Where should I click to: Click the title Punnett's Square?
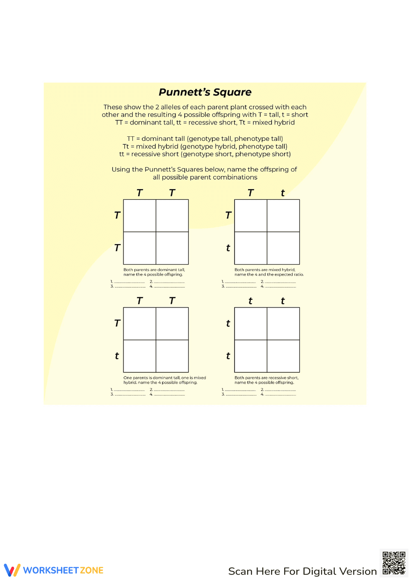tap(205, 92)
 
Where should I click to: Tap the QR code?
tap(394, 563)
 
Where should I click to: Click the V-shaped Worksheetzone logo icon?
tap(12, 570)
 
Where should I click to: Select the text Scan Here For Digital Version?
tap(302, 571)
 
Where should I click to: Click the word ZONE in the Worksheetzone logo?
tap(91, 570)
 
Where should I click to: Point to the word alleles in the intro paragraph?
tap(174, 107)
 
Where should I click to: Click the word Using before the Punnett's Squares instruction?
tap(121, 169)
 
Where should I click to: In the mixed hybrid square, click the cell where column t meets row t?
tap(283, 248)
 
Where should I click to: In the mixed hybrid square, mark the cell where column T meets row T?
tap(251, 216)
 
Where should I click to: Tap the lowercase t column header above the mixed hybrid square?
tap(283, 193)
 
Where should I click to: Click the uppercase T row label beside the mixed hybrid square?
tap(228, 215)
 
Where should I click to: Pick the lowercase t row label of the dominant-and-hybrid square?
tap(117, 356)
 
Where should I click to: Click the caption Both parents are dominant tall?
tap(154, 270)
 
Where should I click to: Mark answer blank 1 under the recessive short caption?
tap(240, 390)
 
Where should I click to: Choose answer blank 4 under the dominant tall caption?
tap(169, 287)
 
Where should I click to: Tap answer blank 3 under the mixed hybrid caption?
tap(240, 287)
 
